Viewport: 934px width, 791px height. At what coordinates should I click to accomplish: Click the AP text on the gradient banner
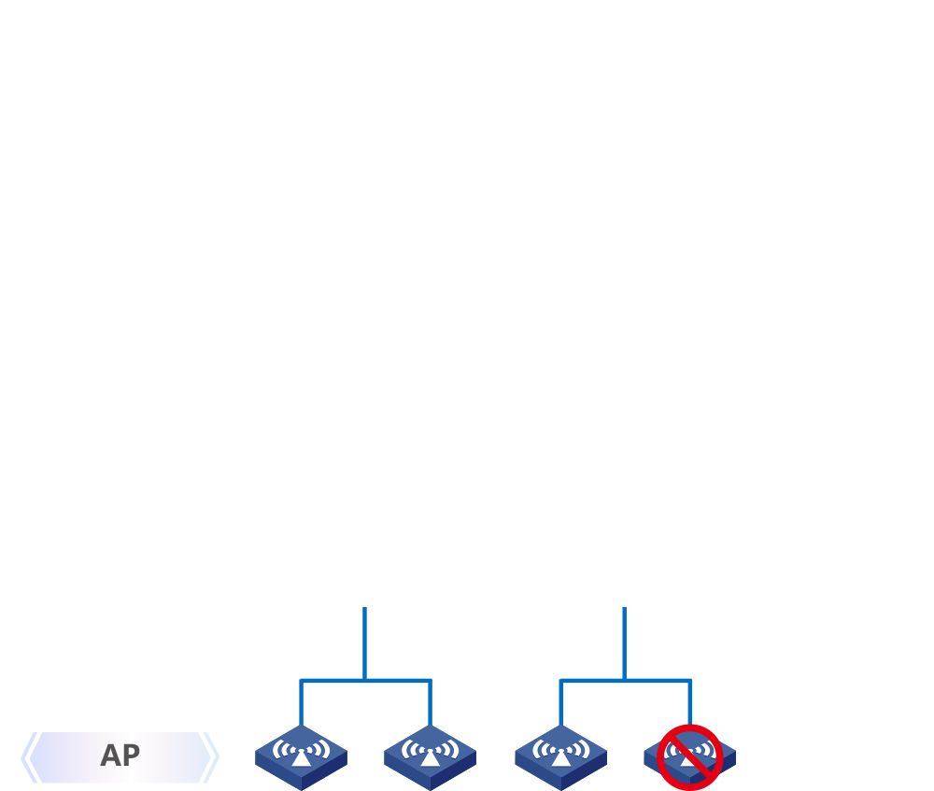tap(120, 756)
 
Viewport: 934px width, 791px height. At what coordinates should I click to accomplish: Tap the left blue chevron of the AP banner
tap(29, 757)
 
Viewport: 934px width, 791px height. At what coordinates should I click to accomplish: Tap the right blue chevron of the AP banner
tap(210, 757)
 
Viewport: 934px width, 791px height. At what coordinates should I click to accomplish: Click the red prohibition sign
tap(690, 756)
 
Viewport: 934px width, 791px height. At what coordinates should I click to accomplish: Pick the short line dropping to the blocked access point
tap(689, 702)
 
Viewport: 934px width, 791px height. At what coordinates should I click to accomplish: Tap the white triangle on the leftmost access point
tap(301, 758)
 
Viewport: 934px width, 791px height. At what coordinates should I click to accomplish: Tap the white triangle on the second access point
tap(430, 758)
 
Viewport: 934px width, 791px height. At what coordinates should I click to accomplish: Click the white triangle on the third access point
tap(560, 758)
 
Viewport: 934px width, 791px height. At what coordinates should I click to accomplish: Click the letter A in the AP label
tap(110, 756)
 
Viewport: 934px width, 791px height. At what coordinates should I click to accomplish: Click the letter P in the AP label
tap(131, 756)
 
